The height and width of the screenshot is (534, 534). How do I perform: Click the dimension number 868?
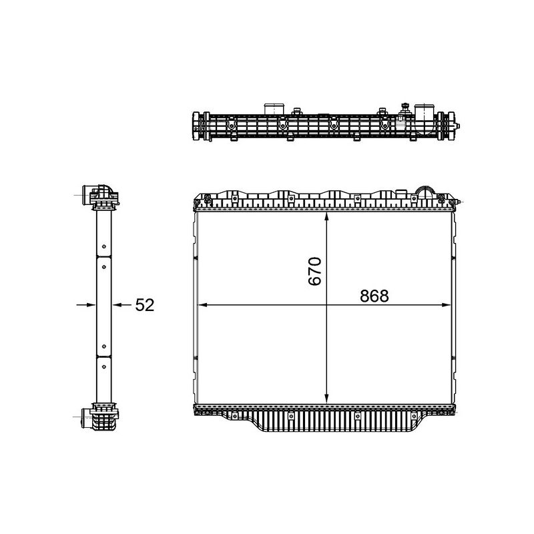pos(373,296)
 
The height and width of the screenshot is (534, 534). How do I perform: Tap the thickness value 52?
pos(145,305)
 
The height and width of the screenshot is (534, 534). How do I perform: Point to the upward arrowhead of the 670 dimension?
pos(326,218)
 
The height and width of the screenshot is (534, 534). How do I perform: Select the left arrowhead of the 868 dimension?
pos(204,305)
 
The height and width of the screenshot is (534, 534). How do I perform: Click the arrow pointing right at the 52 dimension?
pos(87,304)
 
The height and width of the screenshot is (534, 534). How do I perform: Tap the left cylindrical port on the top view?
pos(274,109)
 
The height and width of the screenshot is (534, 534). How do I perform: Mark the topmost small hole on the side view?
pos(103,266)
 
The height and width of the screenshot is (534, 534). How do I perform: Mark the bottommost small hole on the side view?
pos(103,346)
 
